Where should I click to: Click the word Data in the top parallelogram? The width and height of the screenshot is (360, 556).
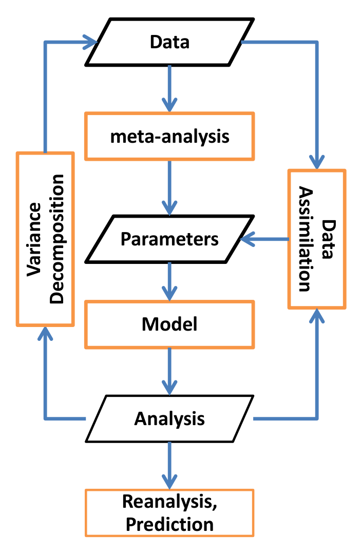pos(169,42)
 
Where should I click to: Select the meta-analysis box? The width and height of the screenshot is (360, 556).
pos(169,136)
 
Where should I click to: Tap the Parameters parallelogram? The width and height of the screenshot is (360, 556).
pos(169,239)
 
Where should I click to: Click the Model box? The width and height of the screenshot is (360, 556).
pos(169,324)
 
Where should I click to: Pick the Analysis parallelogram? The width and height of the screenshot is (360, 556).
pos(169,418)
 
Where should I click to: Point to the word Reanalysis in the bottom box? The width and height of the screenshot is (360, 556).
pos(169,503)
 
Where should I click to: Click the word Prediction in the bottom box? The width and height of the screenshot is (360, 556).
pos(169,524)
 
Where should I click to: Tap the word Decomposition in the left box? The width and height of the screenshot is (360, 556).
pos(57,239)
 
